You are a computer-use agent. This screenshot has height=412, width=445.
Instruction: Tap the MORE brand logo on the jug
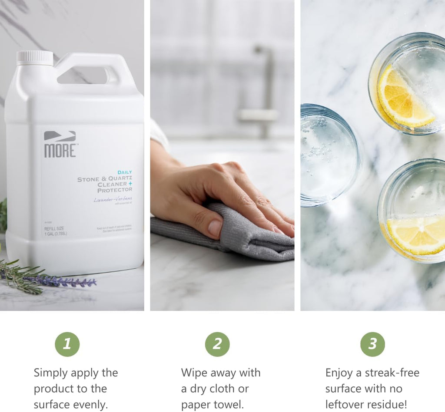[x=60, y=144]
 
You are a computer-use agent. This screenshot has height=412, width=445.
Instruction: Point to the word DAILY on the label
[x=125, y=172]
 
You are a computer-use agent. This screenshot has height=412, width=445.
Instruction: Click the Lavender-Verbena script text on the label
[x=113, y=200]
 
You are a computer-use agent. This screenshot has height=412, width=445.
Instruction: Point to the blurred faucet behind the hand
[x=261, y=87]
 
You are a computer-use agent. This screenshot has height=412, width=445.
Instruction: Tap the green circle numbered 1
[x=67, y=344]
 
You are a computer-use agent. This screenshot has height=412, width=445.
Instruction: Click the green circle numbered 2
[x=217, y=344]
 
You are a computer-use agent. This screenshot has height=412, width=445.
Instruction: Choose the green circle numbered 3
[x=372, y=344]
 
